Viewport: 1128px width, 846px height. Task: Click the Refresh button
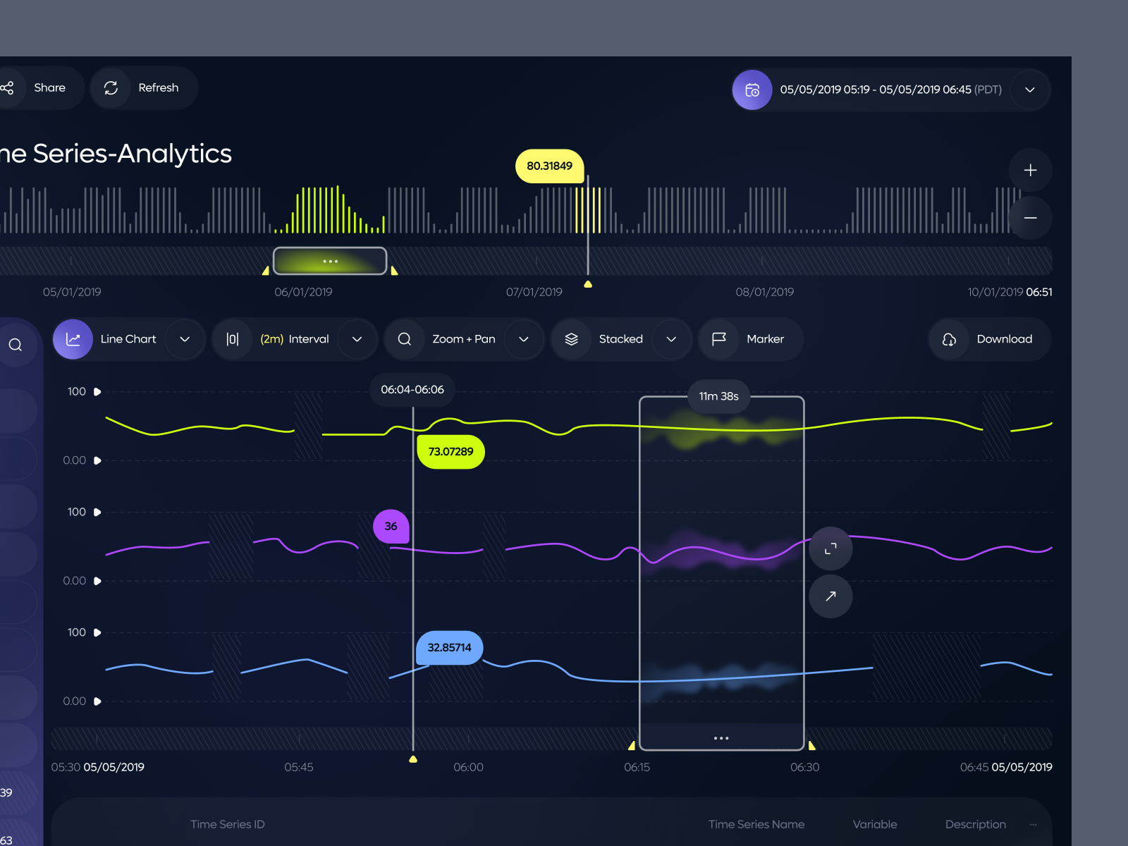(145, 88)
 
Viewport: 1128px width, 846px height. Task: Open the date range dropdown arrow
(1029, 90)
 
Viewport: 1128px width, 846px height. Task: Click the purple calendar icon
(752, 90)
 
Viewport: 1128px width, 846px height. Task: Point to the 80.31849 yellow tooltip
(549, 166)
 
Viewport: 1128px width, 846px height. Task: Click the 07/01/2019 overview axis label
(534, 292)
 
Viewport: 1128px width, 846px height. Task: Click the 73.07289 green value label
(450, 452)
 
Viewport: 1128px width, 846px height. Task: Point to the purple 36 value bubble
(391, 527)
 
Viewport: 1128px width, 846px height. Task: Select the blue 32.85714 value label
(449, 648)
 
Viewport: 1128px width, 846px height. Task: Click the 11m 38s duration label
(718, 396)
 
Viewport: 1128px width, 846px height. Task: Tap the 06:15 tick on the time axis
(637, 767)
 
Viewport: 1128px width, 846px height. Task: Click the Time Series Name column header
(756, 824)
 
